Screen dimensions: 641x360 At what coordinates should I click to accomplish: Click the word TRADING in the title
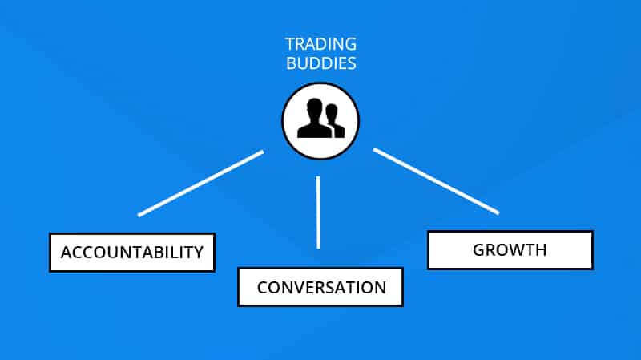pyautogui.click(x=321, y=44)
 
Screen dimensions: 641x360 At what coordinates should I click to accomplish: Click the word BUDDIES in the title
pyautogui.click(x=321, y=63)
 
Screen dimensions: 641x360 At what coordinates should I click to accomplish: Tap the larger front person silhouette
pyautogui.click(x=314, y=118)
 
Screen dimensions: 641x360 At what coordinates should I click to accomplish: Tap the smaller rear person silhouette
pyautogui.click(x=334, y=120)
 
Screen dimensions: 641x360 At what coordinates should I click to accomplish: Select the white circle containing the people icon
pyautogui.click(x=320, y=121)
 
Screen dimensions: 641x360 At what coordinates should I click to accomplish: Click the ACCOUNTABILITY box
pyautogui.click(x=132, y=253)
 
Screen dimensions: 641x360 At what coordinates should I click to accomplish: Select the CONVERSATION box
pyautogui.click(x=320, y=287)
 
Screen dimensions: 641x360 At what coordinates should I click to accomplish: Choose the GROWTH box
pyautogui.click(x=510, y=250)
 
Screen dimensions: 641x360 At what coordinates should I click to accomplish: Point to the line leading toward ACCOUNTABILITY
pyautogui.click(x=201, y=184)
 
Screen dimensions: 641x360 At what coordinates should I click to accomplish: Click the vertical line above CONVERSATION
pyautogui.click(x=318, y=212)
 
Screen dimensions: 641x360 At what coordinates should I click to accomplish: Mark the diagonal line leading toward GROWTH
pyautogui.click(x=436, y=181)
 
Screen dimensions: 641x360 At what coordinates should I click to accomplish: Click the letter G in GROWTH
pyautogui.click(x=479, y=250)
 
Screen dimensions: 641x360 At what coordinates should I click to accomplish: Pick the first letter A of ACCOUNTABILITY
pyautogui.click(x=67, y=253)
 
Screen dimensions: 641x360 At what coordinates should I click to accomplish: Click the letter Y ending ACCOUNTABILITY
pyautogui.click(x=198, y=253)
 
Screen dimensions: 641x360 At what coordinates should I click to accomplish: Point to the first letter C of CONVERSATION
pyautogui.click(x=263, y=288)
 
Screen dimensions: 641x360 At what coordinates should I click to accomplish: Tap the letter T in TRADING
pyautogui.click(x=290, y=44)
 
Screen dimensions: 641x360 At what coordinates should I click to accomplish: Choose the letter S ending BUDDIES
pyautogui.click(x=352, y=63)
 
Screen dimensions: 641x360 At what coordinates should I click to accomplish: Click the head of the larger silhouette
pyautogui.click(x=314, y=108)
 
